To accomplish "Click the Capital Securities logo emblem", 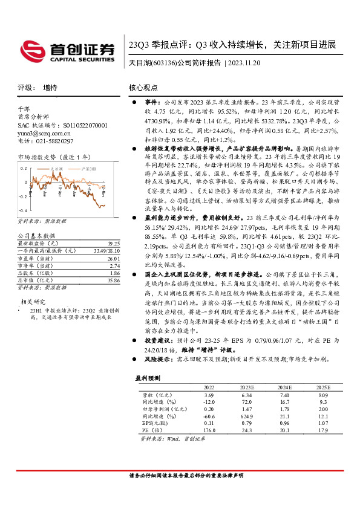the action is pyautogui.click(x=30, y=50).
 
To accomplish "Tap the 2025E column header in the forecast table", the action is pyautogui.click(x=322, y=387).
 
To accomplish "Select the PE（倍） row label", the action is pyautogui.click(x=151, y=431).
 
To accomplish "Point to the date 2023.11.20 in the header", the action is pyautogui.click(x=244, y=63).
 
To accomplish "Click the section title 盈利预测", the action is pyautogui.click(x=148, y=378).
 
